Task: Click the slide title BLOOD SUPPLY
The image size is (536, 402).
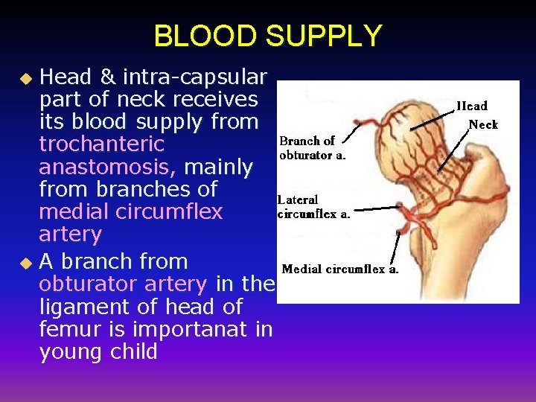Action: pos(267,35)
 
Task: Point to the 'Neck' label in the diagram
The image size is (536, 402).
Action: pos(483,124)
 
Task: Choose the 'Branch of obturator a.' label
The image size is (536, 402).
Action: pos(313,148)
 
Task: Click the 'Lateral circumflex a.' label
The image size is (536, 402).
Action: pos(313,207)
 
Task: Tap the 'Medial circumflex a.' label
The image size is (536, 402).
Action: pos(340,269)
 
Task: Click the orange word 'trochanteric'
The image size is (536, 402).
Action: pos(92,144)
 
